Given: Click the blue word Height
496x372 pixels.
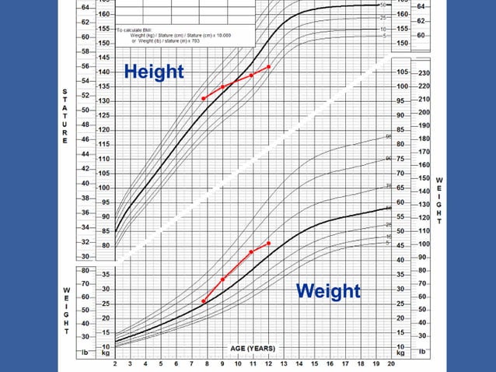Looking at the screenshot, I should coord(154,72).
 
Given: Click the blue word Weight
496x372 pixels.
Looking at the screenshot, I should coord(328,291).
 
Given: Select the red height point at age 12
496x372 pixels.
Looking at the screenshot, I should coord(269,67).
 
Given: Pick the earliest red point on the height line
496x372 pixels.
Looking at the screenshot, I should coord(204,98).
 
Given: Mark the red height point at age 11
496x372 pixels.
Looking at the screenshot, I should coord(252,75).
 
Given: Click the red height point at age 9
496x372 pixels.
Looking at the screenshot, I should coord(222,86).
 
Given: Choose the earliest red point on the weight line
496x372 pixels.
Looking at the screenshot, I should coord(204,301).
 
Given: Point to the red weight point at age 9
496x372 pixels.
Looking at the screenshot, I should coord(222,279).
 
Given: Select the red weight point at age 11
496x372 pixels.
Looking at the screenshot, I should coord(252,251).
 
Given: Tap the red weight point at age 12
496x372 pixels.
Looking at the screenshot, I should coord(269,244).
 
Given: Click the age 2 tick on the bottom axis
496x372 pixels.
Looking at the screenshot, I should coord(115,363).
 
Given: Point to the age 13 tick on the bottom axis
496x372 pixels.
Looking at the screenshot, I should coord(284,363).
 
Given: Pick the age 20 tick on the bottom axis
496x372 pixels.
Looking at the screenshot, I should coord(390,363).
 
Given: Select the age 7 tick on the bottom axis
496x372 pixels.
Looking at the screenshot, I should coord(192,363).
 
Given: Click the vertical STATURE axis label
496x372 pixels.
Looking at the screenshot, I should coord(65,117).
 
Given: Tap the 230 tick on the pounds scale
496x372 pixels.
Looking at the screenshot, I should coord(424,72).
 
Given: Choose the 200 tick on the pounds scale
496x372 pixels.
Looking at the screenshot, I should coord(424,115).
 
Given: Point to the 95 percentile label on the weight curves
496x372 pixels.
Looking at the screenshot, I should coord(389,137).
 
